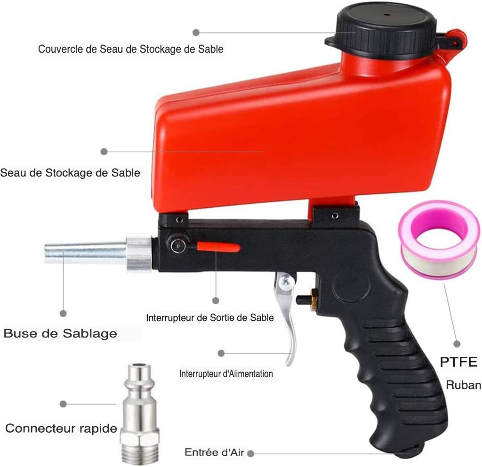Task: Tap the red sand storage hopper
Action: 301,135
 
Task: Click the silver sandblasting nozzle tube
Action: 86,253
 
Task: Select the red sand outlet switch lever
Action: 218,247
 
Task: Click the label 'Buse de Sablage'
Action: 60,334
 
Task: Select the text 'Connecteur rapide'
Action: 61,428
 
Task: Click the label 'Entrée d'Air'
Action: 214,452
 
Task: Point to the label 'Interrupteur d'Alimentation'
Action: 226,374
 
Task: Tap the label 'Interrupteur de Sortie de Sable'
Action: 210,318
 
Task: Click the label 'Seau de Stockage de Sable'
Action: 70,173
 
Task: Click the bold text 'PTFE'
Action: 458,362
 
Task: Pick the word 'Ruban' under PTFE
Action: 464,385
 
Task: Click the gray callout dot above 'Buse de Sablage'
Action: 63,314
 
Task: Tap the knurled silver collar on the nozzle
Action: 139,253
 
